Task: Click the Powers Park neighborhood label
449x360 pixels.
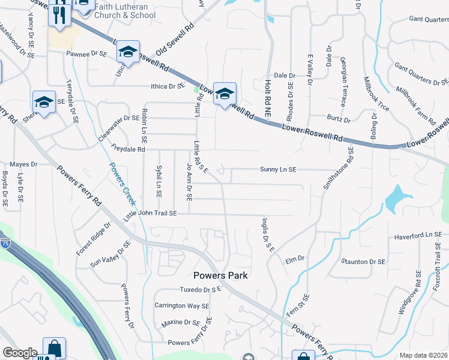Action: click(220, 275)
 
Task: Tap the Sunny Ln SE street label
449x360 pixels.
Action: click(278, 170)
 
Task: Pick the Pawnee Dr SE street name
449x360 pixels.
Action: click(86, 54)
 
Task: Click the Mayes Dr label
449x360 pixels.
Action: click(23, 164)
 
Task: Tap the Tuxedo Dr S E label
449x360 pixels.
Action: click(201, 289)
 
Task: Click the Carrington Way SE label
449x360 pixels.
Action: click(181, 305)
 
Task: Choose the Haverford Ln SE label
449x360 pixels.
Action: click(418, 236)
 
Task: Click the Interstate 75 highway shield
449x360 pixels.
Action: click(4, 243)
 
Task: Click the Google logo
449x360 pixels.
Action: click(20, 353)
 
